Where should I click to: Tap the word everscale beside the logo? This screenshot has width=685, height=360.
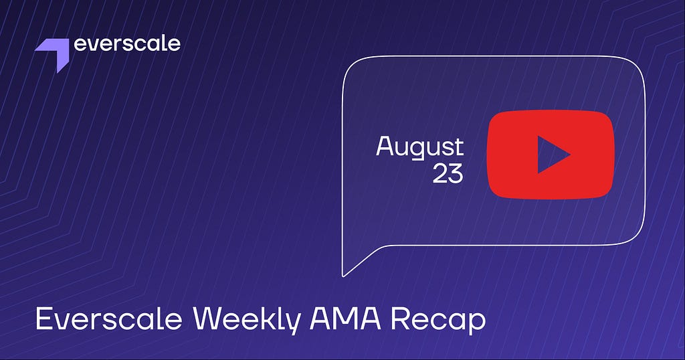[x=127, y=43]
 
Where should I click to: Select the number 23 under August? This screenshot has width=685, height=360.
[x=448, y=173]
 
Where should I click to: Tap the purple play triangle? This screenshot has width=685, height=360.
[x=551, y=154]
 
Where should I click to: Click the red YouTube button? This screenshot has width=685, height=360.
[x=551, y=155]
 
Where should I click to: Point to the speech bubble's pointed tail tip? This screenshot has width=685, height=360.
[x=344, y=276]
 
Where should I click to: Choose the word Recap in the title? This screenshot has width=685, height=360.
[x=438, y=321]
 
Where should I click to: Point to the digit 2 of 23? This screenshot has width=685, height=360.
[x=439, y=173]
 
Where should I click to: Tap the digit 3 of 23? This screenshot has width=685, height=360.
[x=456, y=173]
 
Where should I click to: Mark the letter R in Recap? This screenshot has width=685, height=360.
[x=399, y=319]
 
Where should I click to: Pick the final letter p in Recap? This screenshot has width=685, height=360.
[x=477, y=325]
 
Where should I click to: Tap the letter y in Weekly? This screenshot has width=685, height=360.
[x=294, y=325]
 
